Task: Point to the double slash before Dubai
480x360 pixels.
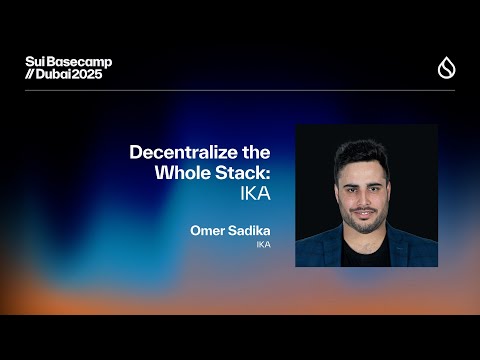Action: (x=31, y=75)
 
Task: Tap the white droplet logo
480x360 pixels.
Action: (x=446, y=68)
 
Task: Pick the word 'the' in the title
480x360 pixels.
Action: (x=257, y=152)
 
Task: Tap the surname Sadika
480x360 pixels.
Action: (x=248, y=231)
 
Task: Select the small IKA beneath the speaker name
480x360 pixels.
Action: (x=263, y=245)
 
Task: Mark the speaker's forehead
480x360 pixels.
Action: (x=365, y=168)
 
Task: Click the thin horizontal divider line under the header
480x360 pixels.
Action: (x=240, y=90)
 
